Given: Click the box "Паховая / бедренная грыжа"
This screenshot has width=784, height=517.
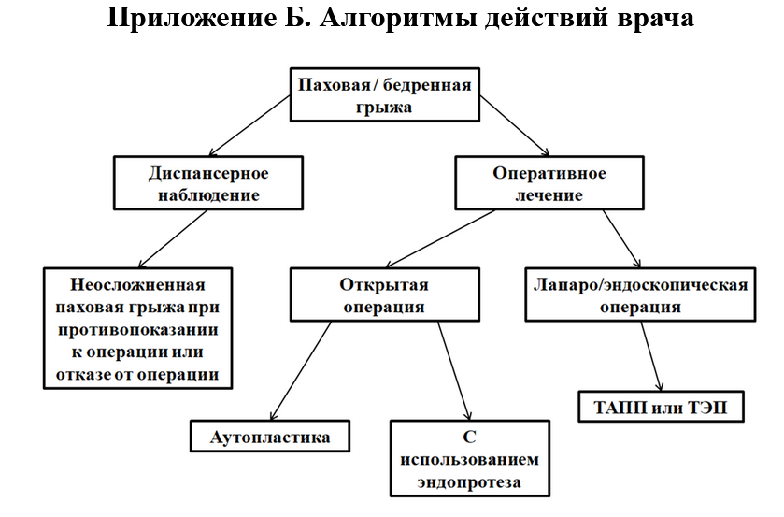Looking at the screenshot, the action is point(384,94).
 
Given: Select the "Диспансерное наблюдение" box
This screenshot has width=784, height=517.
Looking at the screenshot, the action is point(208,182).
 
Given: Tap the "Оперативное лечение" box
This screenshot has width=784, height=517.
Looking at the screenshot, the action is point(549,182).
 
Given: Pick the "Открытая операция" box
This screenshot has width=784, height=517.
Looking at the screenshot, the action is point(384,294).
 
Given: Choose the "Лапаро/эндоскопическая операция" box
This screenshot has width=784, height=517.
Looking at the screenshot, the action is point(640,294).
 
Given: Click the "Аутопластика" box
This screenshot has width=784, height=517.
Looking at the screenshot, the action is point(269,436).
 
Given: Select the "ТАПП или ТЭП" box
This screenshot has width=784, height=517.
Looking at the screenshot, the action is point(661,407).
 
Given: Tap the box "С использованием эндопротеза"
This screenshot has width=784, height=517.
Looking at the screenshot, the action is point(469,458).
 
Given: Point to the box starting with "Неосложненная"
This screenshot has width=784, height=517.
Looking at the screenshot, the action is point(137,328).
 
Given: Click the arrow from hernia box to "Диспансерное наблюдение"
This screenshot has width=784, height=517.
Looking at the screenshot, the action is point(249,125).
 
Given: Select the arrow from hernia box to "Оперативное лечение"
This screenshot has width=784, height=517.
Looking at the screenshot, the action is point(515,125).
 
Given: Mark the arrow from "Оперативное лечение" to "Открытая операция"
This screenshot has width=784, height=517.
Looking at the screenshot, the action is point(440,238).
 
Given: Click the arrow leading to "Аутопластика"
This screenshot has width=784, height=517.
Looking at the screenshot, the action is point(301,370).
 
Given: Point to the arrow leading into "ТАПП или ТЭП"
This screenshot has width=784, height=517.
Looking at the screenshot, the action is point(651,356).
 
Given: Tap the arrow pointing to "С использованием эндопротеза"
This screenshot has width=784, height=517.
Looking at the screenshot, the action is point(454,370).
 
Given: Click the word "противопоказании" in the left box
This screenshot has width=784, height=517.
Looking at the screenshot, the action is point(137,330).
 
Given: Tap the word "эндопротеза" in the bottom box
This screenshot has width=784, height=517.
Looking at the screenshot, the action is point(469,482).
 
